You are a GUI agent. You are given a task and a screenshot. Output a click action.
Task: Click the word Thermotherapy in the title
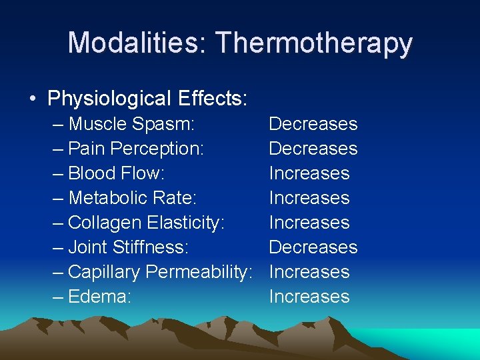coord(314,43)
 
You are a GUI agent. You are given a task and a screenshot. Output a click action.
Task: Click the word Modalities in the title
coord(137,43)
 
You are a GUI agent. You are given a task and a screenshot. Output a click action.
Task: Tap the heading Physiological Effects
coord(147,99)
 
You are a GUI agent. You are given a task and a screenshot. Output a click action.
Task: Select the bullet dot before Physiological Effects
coord(33,99)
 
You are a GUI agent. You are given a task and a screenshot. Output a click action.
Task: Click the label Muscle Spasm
coord(131,124)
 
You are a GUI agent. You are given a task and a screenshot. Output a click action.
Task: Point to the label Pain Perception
coord(136,149)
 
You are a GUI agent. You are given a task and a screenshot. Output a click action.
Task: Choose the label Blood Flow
coord(116,173)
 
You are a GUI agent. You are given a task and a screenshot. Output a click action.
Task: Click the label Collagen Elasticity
coord(147,223)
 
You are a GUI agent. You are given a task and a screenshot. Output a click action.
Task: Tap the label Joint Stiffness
coord(129,247)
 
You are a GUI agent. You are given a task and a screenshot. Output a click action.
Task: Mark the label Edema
coord(100,297)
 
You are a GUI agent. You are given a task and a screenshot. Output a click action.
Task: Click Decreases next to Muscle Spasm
coord(313,124)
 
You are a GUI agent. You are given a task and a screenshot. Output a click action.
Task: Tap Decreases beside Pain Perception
coord(313,149)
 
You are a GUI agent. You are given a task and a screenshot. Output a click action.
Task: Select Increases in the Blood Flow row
coord(309,173)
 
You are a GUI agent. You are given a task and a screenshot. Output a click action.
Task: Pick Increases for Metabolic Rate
coord(309,198)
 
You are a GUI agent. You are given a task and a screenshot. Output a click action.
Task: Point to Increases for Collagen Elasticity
coord(309,223)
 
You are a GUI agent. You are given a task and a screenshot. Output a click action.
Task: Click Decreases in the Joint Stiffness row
coord(313,247)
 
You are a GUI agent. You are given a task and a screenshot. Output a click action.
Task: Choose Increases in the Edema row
coord(309,297)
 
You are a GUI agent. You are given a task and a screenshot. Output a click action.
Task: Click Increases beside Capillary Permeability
coord(309,272)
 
